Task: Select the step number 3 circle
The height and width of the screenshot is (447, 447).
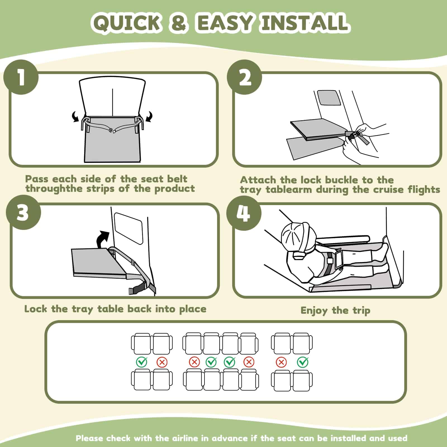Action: [x=24, y=213]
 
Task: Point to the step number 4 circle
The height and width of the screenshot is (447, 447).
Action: [x=244, y=213]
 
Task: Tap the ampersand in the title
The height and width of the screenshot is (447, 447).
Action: [x=179, y=23]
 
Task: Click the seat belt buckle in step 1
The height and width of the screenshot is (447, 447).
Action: [x=113, y=131]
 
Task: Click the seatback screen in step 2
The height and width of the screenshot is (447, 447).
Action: [x=329, y=98]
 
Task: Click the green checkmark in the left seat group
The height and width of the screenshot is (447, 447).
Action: [x=142, y=362]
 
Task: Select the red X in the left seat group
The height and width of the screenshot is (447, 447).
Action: [x=162, y=362]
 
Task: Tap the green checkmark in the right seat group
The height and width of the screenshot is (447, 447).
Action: [x=303, y=362]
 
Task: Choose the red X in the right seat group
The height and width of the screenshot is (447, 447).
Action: [x=281, y=362]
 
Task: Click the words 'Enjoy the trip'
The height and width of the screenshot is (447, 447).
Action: [x=335, y=310]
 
